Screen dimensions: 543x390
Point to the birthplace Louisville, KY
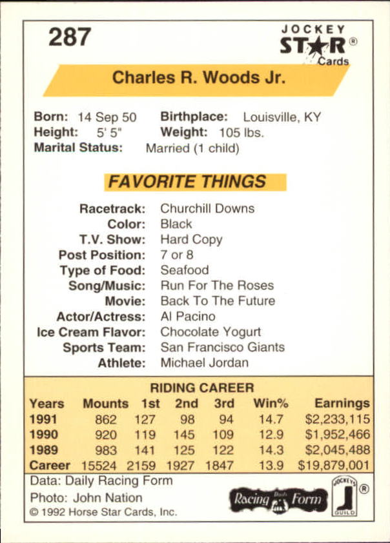pyautogui.click(x=282, y=117)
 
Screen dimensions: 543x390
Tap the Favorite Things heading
pyautogui.click(x=187, y=182)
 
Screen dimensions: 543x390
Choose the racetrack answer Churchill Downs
pyautogui.click(x=207, y=208)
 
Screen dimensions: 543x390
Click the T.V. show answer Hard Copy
pyautogui.click(x=191, y=239)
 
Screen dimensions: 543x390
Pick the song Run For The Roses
pyautogui.click(x=217, y=285)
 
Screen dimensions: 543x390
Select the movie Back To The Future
pyautogui.click(x=218, y=301)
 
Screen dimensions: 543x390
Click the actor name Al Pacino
pyautogui.click(x=188, y=317)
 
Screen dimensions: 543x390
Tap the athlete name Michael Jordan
pyautogui.click(x=204, y=362)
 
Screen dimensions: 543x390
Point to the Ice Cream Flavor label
pyautogui.click(x=91, y=332)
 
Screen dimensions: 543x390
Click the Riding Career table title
pyautogui.click(x=202, y=388)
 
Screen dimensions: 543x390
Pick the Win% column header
pyautogui.click(x=271, y=404)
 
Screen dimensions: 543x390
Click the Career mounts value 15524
pyautogui.click(x=104, y=465)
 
